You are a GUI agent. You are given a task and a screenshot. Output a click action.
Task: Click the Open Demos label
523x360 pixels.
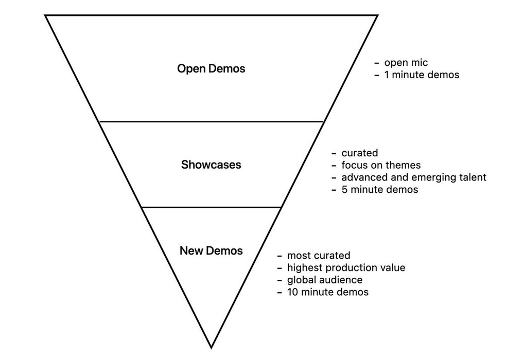[x=211, y=68]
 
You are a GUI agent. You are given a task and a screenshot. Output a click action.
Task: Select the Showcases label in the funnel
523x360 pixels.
[x=211, y=165]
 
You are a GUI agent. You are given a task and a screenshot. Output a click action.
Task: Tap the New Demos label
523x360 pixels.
[x=211, y=251]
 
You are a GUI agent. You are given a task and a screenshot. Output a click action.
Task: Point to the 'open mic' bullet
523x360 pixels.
[x=406, y=63]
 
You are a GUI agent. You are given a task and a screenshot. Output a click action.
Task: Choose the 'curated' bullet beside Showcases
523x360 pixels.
[x=359, y=153]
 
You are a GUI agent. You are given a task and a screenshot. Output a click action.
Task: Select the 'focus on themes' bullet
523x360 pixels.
[x=380, y=165]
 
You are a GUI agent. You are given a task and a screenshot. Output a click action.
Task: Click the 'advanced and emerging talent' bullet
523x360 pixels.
[x=413, y=177]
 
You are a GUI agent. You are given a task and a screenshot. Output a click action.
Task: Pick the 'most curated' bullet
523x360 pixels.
[x=318, y=256]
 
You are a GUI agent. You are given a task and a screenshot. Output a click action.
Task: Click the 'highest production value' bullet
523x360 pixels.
[x=346, y=268]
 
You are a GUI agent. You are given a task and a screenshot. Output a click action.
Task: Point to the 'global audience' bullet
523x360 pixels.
[x=324, y=280]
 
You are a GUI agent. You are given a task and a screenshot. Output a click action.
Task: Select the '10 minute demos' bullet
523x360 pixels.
[x=327, y=293]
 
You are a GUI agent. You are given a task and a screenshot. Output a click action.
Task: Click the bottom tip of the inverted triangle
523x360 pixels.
[x=211, y=348]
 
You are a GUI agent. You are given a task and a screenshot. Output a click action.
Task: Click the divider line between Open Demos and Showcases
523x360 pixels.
[x=211, y=121]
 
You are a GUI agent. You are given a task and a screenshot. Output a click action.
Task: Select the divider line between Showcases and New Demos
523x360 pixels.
[x=211, y=207]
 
